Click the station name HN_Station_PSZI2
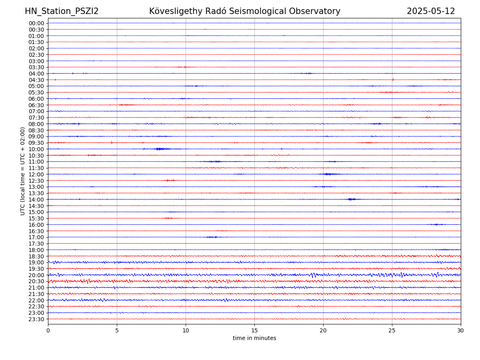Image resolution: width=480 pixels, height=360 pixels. (62, 11)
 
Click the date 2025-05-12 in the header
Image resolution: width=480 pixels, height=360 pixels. (431, 11)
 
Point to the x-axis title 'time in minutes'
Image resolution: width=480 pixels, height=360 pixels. (254, 338)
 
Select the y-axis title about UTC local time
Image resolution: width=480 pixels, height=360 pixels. (23, 171)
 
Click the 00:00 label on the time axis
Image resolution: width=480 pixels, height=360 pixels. (36, 23)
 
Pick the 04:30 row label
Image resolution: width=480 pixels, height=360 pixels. (36, 80)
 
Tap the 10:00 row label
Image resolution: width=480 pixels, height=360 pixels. (36, 149)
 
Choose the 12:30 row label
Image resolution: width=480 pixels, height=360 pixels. (36, 180)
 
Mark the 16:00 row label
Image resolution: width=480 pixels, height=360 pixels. (36, 224)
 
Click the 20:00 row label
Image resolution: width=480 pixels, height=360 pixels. (36, 275)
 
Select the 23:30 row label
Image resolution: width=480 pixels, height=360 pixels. (36, 319)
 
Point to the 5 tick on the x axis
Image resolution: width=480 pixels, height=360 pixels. (117, 330)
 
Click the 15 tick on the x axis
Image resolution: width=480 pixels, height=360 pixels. (254, 330)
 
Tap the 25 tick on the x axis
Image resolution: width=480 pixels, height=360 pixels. (392, 330)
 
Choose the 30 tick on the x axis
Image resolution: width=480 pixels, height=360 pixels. (461, 330)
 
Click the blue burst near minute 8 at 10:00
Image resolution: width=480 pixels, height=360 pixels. (160, 149)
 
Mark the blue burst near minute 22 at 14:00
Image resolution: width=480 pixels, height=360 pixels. (351, 199)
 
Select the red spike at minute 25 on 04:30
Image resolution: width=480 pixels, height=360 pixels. (393, 80)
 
